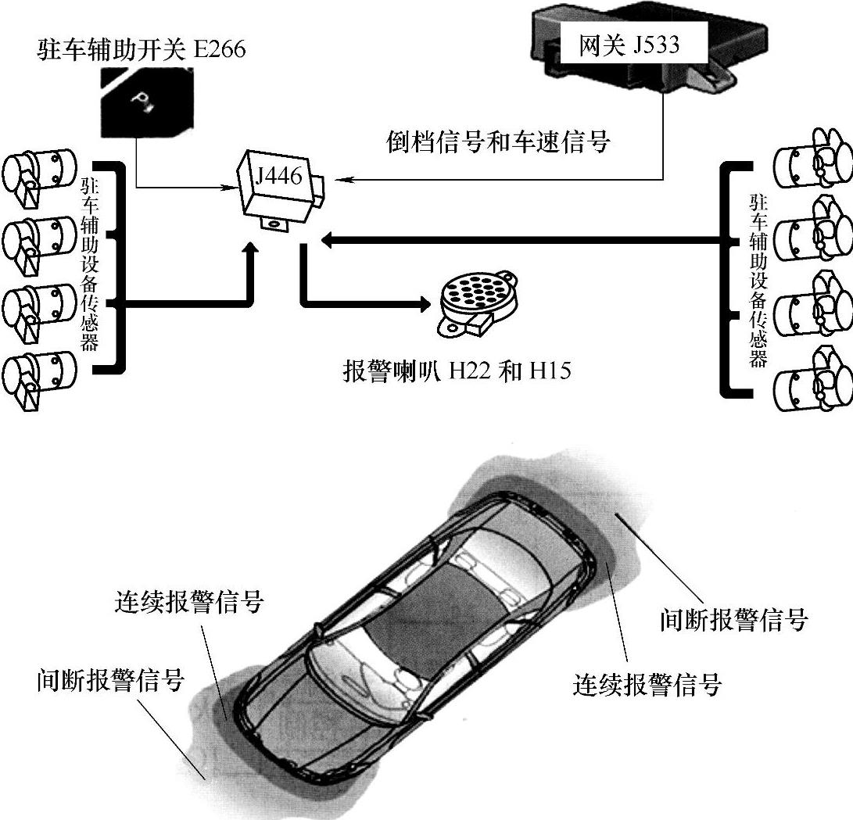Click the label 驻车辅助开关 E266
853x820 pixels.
click(x=142, y=50)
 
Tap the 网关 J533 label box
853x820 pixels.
click(x=629, y=45)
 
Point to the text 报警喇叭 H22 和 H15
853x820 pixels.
click(x=457, y=370)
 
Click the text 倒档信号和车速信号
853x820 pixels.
click(x=498, y=142)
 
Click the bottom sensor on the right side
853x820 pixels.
click(x=812, y=378)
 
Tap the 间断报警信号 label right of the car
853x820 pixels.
click(x=733, y=621)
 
